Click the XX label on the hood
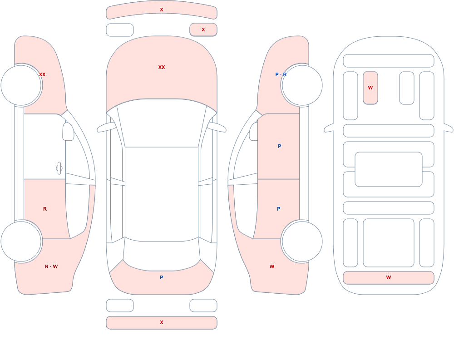(x=162, y=67)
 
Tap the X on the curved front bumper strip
(x=162, y=10)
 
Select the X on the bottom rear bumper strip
(x=162, y=322)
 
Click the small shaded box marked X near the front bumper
(x=203, y=30)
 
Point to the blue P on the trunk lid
(x=162, y=277)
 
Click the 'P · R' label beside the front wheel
(x=281, y=74)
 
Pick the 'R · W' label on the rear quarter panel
(x=51, y=266)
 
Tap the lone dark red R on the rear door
(x=45, y=209)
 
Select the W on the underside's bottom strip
(x=389, y=277)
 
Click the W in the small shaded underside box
(x=370, y=88)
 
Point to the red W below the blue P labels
(x=272, y=266)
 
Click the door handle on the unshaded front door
(x=59, y=168)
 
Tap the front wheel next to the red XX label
(x=21, y=85)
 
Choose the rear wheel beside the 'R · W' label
(x=21, y=241)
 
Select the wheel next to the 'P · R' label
(x=302, y=85)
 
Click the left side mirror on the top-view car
(x=106, y=127)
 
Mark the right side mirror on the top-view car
(x=217, y=127)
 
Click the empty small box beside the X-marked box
(x=120, y=30)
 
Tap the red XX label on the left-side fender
(x=42, y=74)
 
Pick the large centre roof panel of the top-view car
(x=162, y=193)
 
